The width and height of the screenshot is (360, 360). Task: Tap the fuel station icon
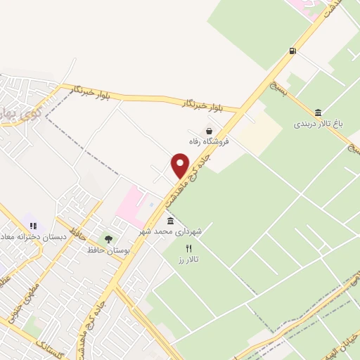tap(292, 50)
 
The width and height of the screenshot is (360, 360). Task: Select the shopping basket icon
tap(209, 130)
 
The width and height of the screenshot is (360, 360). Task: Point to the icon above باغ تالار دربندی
tap(319, 113)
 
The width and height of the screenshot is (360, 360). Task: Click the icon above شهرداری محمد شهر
tap(171, 221)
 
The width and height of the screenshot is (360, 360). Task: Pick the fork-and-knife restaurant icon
tap(188, 248)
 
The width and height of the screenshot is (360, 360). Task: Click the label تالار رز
tap(188, 259)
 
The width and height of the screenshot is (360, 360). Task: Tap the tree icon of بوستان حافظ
tap(108, 239)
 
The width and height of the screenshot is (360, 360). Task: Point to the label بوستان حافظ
tap(105, 250)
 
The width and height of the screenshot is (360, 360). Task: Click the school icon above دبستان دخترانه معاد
tap(33, 226)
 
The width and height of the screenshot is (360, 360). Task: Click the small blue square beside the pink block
tap(152, 204)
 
